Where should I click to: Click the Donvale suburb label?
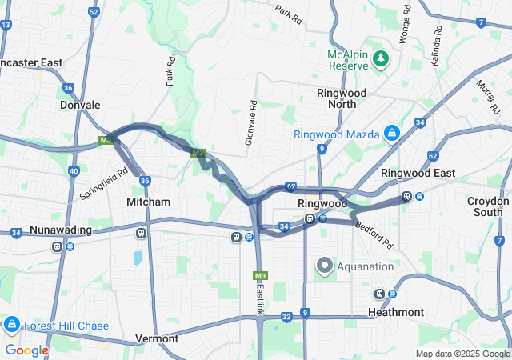click(80, 105)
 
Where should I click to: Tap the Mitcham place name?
click(149, 202)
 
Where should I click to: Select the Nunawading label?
click(61, 230)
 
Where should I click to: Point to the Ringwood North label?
click(342, 98)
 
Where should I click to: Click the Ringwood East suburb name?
click(418, 173)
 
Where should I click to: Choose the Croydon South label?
click(489, 206)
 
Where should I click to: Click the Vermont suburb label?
click(157, 338)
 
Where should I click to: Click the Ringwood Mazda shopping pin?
click(392, 133)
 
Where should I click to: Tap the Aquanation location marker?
click(324, 265)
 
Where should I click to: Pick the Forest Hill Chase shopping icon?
click(12, 325)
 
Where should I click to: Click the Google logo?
click(26, 350)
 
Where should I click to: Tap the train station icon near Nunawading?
click(58, 246)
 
